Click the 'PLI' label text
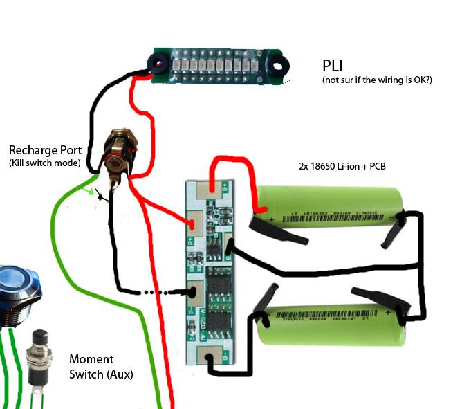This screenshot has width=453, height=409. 338,66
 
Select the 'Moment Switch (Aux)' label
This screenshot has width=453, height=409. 102,367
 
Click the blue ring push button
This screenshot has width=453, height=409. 15,295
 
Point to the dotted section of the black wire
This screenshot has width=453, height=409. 163,292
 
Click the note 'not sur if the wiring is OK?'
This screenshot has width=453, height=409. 377,81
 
